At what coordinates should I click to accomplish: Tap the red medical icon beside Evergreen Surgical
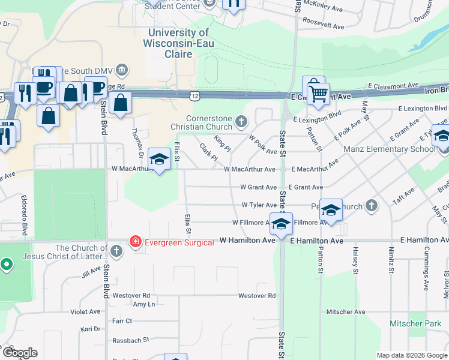click(x=136, y=242)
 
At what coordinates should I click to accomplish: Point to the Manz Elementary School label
click(x=390, y=149)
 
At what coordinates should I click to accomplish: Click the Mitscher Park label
click(x=411, y=323)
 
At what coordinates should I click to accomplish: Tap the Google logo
click(x=20, y=353)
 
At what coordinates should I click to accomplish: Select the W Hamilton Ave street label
click(x=247, y=240)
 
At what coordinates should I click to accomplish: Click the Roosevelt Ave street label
click(x=323, y=26)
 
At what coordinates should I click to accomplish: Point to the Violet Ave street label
click(x=85, y=312)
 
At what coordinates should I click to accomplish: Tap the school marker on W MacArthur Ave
click(x=159, y=159)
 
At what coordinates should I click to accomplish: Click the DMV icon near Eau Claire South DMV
click(x=122, y=69)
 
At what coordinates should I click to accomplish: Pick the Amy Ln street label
click(x=143, y=304)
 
